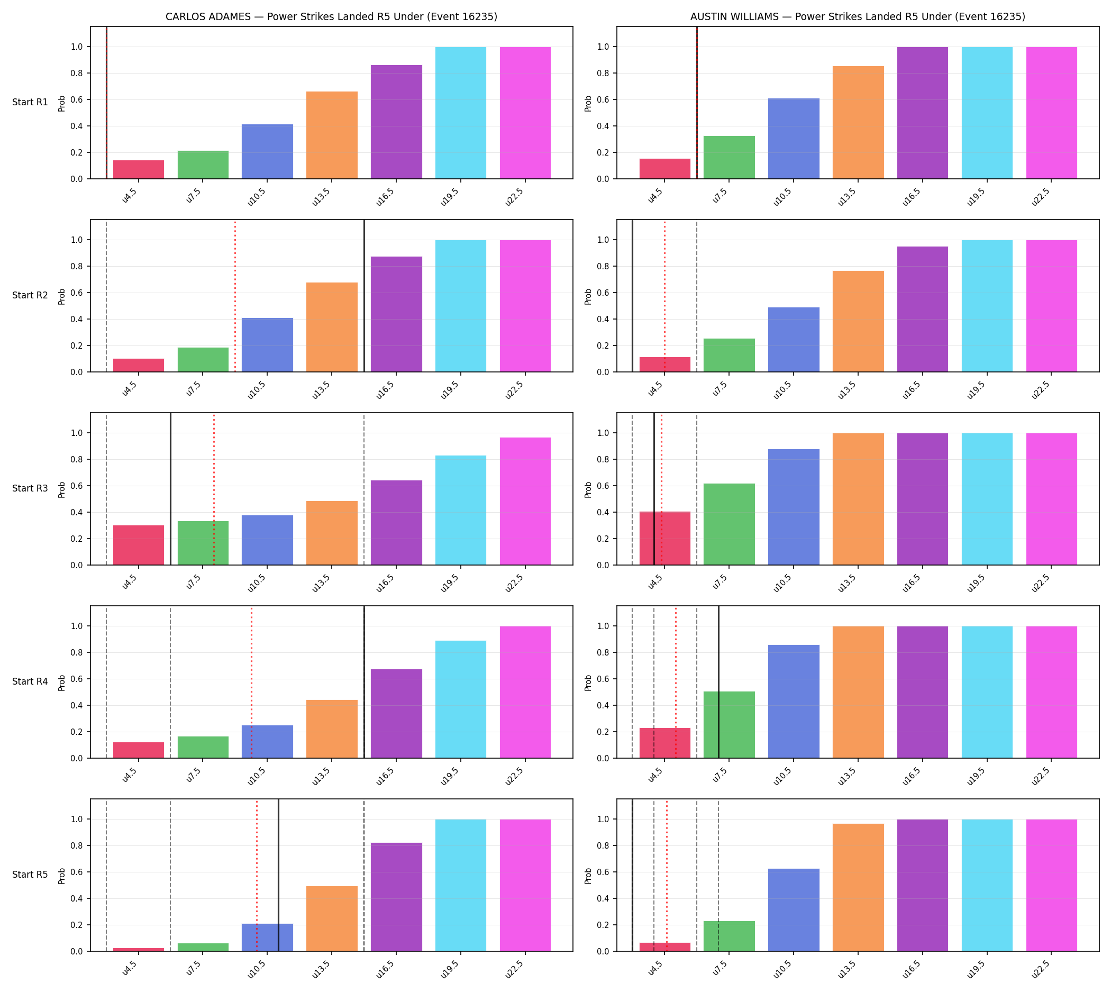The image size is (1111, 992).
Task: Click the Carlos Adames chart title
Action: [x=331, y=16]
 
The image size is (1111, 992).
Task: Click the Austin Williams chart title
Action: [x=857, y=16]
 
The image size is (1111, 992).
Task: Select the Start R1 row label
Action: [x=30, y=102]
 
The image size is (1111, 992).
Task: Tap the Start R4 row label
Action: [x=30, y=681]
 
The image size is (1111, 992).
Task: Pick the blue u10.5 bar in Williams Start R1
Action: [x=793, y=139]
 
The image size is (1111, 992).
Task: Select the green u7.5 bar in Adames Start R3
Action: [x=203, y=543]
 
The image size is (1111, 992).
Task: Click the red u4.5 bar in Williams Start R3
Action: [x=664, y=539]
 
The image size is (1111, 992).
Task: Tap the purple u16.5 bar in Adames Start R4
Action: [x=396, y=714]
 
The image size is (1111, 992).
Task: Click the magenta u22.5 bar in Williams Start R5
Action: [x=1051, y=885]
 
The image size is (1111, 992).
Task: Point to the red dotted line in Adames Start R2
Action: [x=235, y=296]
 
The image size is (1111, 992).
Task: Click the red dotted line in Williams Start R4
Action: [x=676, y=682]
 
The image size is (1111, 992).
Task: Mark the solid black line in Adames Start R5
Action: [x=278, y=875]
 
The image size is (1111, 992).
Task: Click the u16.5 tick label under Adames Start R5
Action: [x=386, y=968]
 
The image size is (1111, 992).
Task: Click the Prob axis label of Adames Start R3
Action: [x=61, y=489]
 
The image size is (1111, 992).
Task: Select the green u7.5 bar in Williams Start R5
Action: [x=729, y=936]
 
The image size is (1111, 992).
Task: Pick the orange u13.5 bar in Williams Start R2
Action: [x=858, y=322]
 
